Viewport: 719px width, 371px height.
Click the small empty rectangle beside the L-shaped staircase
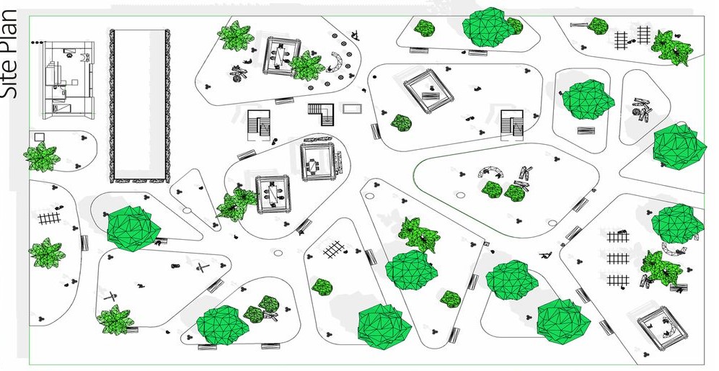click(353, 109)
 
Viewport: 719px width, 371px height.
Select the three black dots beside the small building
click(35, 44)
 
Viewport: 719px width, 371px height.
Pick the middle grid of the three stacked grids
click(617, 258)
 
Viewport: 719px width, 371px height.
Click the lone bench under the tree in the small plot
click(586, 130)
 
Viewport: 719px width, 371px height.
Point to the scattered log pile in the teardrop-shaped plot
click(641, 109)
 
